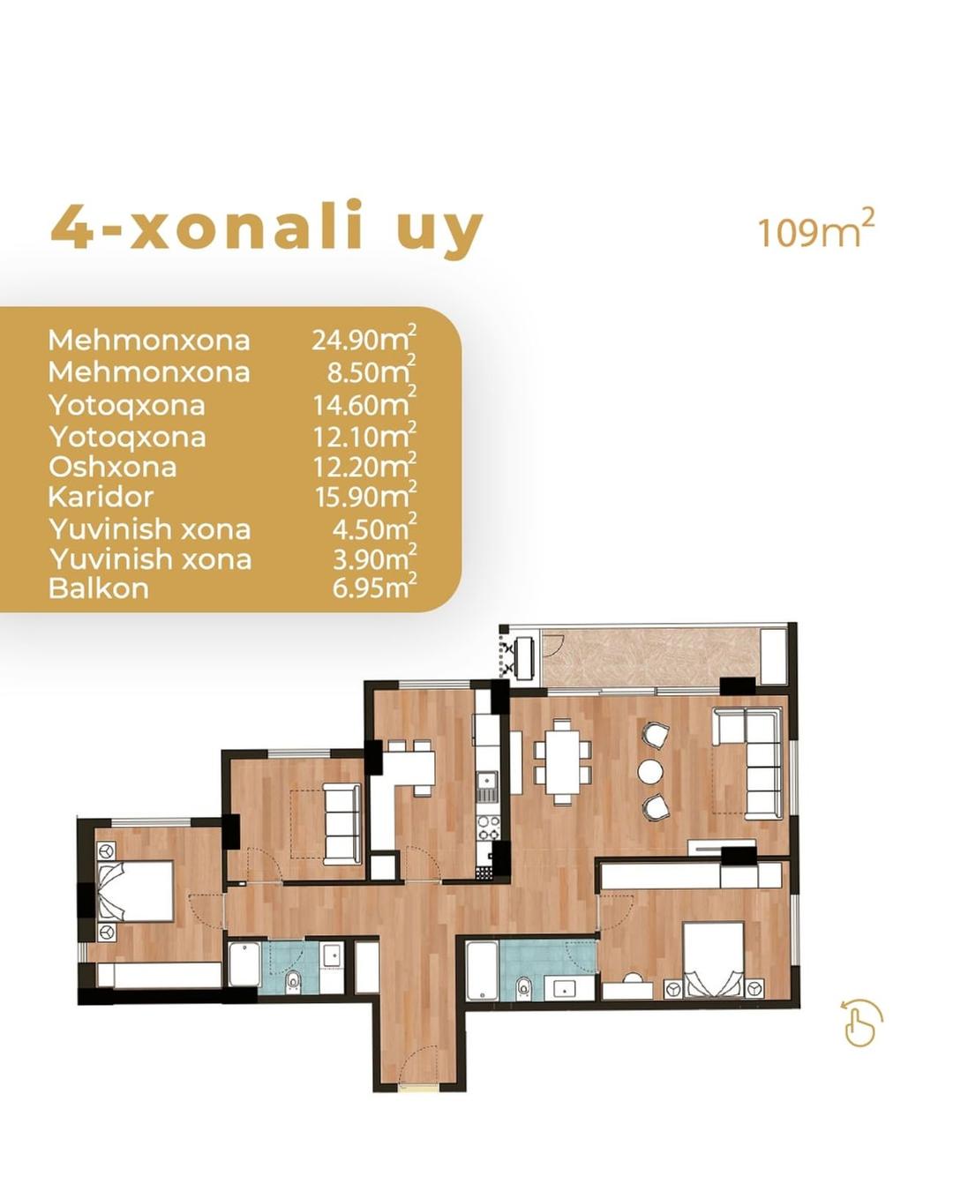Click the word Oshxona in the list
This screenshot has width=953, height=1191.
[x=112, y=467]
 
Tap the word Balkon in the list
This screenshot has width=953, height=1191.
[x=99, y=588]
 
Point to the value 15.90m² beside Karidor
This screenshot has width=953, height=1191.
[x=365, y=496]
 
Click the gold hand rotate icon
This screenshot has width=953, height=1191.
[x=861, y=1020]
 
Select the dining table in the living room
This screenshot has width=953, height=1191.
[x=562, y=761]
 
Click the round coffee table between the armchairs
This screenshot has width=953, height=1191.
[x=649, y=771]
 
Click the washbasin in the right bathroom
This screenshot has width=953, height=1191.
[x=563, y=988]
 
